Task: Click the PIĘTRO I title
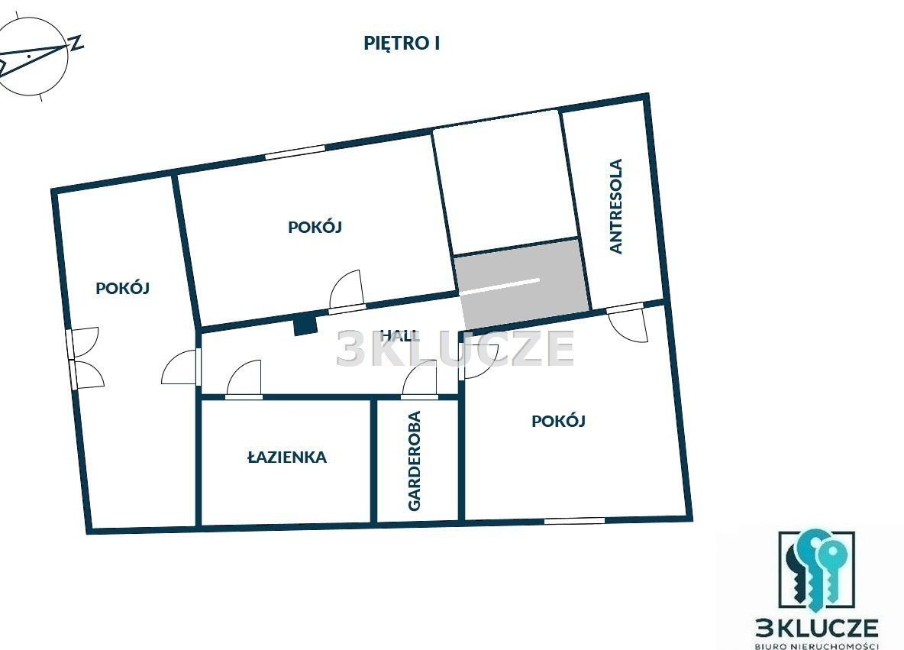pyautogui.click(x=402, y=44)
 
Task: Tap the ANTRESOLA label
pyautogui.click(x=616, y=206)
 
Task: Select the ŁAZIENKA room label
pyautogui.click(x=287, y=458)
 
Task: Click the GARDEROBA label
pyautogui.click(x=415, y=461)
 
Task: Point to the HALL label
pyautogui.click(x=400, y=335)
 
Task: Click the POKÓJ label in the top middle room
pyautogui.click(x=315, y=227)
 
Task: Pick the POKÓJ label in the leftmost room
pyautogui.click(x=123, y=288)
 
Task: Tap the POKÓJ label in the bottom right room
pyautogui.click(x=558, y=421)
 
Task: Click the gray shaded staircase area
pyautogui.click(x=522, y=284)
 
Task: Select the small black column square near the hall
pyautogui.click(x=305, y=324)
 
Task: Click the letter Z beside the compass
pyautogui.click(x=76, y=44)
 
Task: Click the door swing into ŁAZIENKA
pyautogui.click(x=244, y=380)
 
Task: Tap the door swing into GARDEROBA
pyautogui.click(x=419, y=380)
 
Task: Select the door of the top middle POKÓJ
pyautogui.click(x=347, y=290)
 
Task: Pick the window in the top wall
pyautogui.click(x=295, y=152)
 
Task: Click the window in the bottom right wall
pyautogui.click(x=575, y=521)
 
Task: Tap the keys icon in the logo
pyautogui.click(x=815, y=571)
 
